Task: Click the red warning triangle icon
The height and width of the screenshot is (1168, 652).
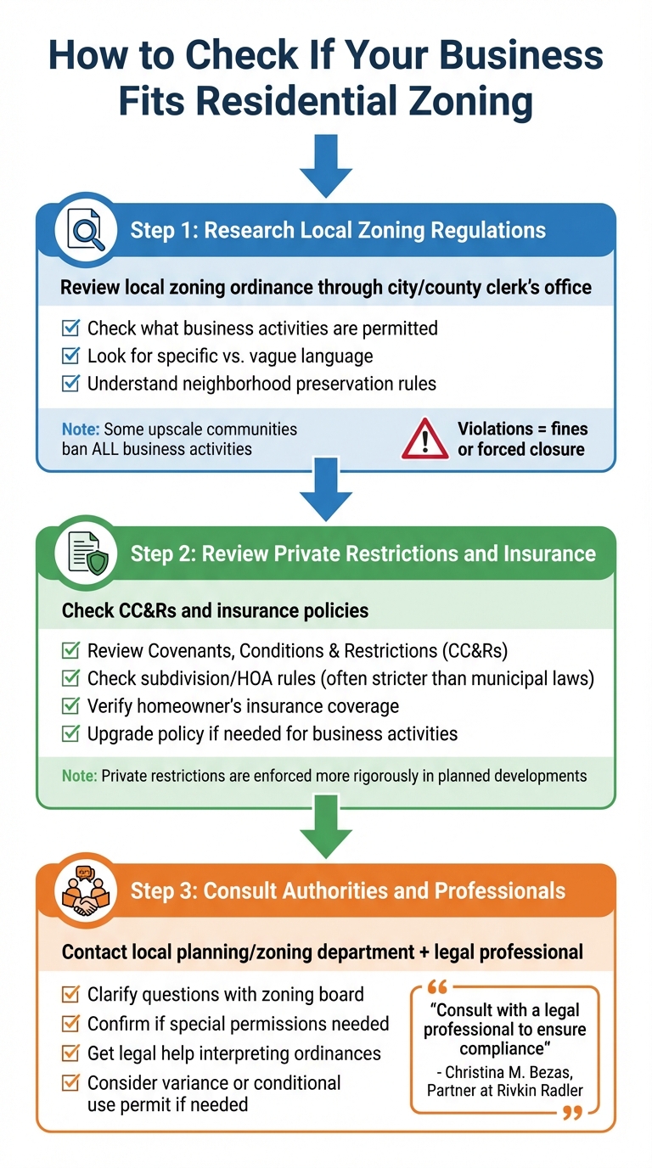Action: coord(425,439)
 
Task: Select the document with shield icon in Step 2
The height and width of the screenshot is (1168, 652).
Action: coord(87,553)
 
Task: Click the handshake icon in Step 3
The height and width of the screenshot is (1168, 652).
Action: coord(87,890)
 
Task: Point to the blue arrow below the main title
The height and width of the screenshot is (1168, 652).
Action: coord(326,166)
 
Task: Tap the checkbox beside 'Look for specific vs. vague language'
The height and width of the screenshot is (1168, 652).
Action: coord(71,356)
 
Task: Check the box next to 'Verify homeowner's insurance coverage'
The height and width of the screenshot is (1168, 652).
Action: coord(71,705)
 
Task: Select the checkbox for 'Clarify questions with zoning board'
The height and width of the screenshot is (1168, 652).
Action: coord(71,994)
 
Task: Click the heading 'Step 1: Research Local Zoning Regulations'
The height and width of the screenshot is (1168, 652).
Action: coord(338,230)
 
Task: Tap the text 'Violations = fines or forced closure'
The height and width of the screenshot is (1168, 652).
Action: coord(522,439)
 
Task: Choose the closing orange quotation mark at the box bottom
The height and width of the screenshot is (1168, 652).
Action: coord(573,1111)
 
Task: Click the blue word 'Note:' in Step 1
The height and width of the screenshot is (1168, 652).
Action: coord(80,429)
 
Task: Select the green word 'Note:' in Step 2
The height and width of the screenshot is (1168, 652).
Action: coord(80,776)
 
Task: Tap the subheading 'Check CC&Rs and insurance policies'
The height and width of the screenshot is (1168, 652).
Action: coord(215,610)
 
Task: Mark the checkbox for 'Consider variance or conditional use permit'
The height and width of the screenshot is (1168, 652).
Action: coord(71,1083)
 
